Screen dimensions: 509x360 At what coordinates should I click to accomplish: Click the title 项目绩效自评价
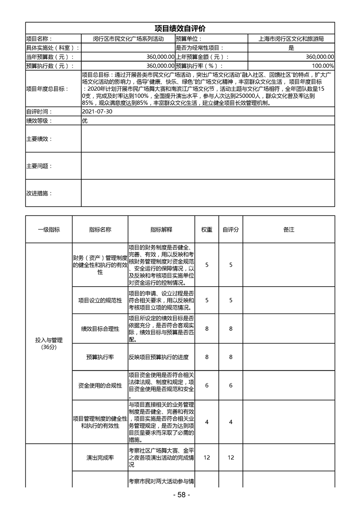(180, 29)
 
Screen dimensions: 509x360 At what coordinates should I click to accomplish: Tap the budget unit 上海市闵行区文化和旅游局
(291, 39)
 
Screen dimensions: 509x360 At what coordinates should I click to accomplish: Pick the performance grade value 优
(84, 121)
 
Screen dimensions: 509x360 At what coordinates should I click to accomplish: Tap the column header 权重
(207, 230)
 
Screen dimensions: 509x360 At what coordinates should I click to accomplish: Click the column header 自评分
(231, 230)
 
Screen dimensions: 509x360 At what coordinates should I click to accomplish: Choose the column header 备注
(289, 230)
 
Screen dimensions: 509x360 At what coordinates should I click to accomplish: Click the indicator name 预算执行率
(100, 357)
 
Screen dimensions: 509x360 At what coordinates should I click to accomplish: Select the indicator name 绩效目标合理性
(100, 329)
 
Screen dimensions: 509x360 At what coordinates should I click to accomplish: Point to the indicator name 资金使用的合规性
(100, 386)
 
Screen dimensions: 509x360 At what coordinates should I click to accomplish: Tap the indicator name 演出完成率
(100, 458)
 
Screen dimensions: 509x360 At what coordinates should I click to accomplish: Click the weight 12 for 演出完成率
(207, 458)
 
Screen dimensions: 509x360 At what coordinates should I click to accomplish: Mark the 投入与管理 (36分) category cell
(49, 343)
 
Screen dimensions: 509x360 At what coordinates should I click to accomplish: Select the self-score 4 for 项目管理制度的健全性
(231, 422)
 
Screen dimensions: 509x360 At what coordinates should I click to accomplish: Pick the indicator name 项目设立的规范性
(100, 300)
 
